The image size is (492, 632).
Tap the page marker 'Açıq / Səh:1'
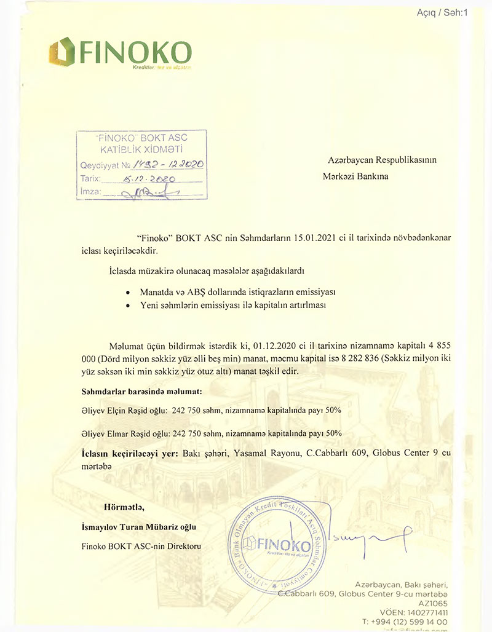click(442, 12)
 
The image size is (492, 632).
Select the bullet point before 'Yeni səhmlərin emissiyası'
click(127, 304)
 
